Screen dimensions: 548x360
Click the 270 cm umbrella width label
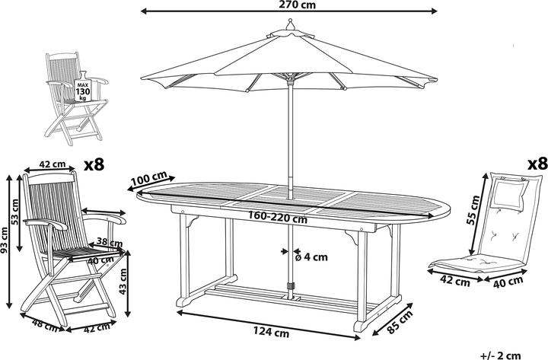tap(297, 5)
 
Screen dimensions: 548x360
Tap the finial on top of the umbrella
tap(289, 25)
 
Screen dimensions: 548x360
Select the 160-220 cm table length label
tap(278, 218)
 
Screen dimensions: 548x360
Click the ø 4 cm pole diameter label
tap(311, 257)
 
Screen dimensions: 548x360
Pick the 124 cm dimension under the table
tap(271, 332)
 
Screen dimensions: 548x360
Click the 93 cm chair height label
tap(5, 240)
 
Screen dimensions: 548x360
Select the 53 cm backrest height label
tap(15, 212)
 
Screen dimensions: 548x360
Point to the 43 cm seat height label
tap(123, 281)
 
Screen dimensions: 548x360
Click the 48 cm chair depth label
tap(45, 325)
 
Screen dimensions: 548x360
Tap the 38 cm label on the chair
tap(110, 242)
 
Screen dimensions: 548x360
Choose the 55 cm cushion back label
tap(474, 210)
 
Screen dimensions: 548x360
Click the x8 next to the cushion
tap(537, 163)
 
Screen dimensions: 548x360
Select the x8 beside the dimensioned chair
tap(94, 164)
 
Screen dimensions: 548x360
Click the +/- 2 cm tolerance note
tap(501, 355)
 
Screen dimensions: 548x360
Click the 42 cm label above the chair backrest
tap(53, 164)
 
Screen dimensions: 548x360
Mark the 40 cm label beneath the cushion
tap(508, 282)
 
